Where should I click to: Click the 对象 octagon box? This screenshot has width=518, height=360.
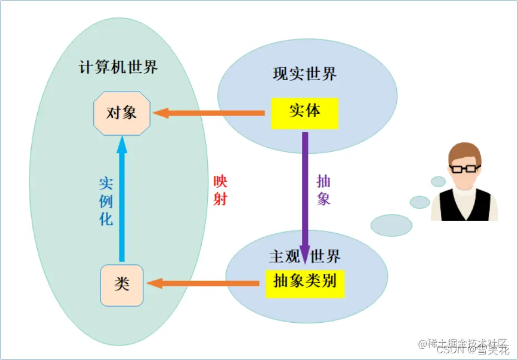(121, 113)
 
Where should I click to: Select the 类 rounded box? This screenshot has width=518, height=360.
(122, 285)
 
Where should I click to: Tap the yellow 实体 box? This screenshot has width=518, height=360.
(305, 113)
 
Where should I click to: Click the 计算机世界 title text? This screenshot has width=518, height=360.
(118, 68)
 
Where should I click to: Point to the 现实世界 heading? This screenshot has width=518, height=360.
(305, 74)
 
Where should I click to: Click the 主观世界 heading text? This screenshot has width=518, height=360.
(305, 256)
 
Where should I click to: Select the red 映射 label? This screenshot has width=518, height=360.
(220, 191)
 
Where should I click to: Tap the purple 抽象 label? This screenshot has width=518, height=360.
(323, 190)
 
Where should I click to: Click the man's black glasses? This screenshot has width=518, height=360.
(465, 168)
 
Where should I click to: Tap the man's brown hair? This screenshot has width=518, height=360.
(464, 151)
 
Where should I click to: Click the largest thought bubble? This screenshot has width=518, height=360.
(391, 225)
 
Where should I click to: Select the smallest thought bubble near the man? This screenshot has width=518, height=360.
(439, 182)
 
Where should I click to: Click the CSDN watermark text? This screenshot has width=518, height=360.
(450, 350)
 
